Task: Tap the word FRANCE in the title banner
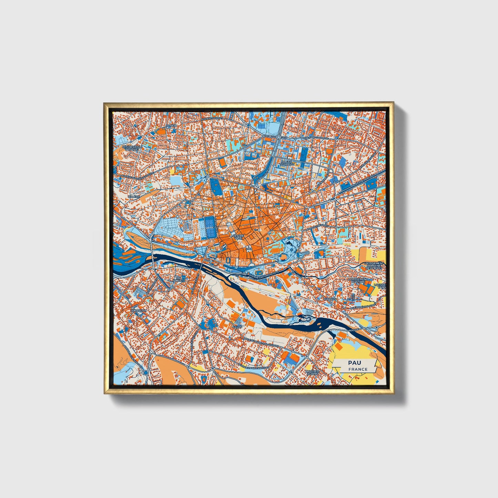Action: click(357, 369)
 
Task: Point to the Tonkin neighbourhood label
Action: click(171, 126)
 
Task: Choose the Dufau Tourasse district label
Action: click(288, 163)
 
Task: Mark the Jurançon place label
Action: click(139, 310)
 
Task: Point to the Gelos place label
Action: click(238, 326)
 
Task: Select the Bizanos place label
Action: click(330, 299)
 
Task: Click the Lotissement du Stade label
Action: click(358, 281)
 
